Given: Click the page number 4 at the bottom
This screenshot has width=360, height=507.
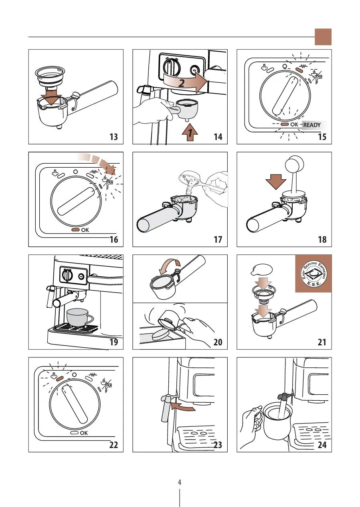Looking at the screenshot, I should pos(180,483).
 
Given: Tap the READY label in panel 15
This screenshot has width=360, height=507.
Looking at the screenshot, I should pos(312,125).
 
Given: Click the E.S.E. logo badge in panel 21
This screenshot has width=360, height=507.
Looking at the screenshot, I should pos(313,274).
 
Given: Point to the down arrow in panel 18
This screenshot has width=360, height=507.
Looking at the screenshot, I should pos(276,180).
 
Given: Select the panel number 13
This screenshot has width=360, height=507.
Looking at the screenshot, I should pos(113,137).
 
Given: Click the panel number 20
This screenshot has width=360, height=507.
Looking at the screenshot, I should pos(218,342).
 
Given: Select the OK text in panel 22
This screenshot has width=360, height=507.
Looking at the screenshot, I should pos(84,433).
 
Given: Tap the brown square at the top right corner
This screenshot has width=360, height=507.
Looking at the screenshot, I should pos(323,37).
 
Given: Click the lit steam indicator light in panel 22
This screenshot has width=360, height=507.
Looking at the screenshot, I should pos(60,378).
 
